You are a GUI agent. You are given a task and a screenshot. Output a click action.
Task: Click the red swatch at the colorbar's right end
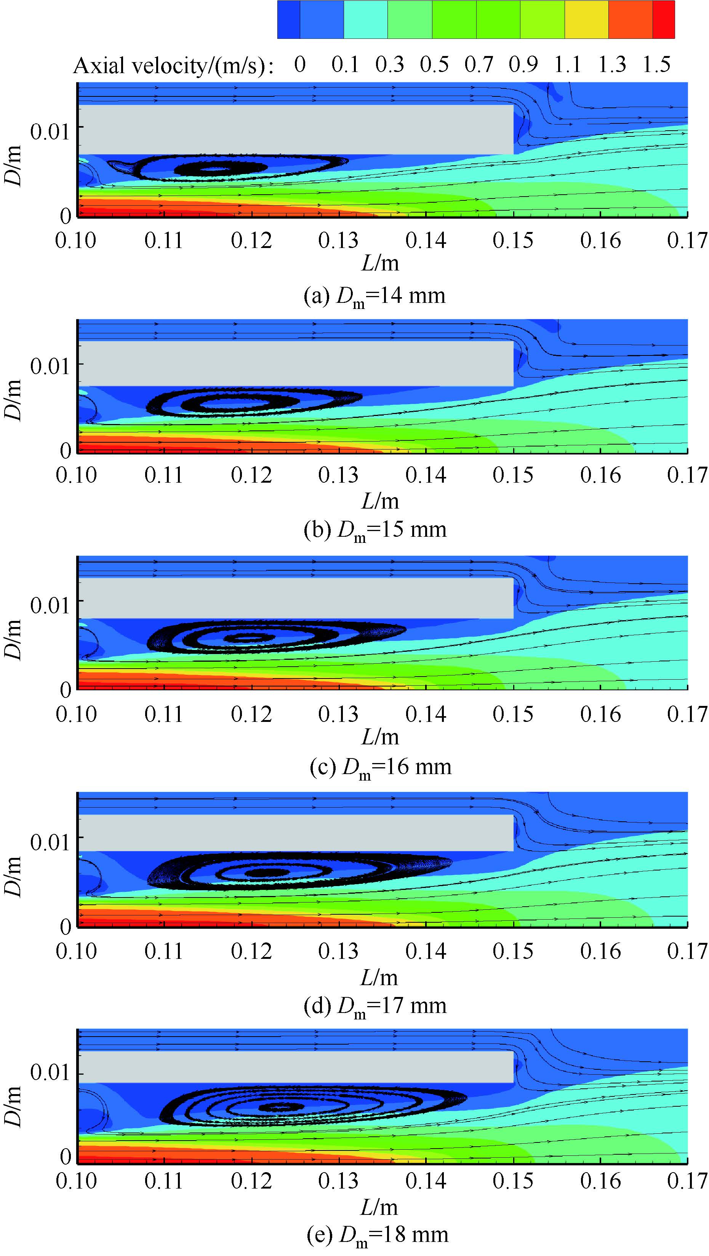(663, 19)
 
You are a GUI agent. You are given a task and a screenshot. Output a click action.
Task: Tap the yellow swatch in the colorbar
(586, 19)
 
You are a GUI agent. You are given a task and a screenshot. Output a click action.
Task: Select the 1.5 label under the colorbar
(656, 64)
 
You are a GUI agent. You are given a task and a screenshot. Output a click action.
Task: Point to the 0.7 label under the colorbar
(479, 64)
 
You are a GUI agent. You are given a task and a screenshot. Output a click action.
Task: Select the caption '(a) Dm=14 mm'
(375, 296)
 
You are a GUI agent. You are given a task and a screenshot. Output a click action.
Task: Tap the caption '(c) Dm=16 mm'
(380, 767)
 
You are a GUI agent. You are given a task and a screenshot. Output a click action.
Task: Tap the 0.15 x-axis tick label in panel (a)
(513, 240)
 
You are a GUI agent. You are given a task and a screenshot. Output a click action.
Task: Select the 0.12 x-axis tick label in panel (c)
(251, 714)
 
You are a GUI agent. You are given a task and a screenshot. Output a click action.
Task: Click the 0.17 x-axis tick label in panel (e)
(687, 1181)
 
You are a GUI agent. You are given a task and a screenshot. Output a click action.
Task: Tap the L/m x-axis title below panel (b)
(380, 501)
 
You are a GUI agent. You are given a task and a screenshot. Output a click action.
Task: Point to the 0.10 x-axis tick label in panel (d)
(76, 951)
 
